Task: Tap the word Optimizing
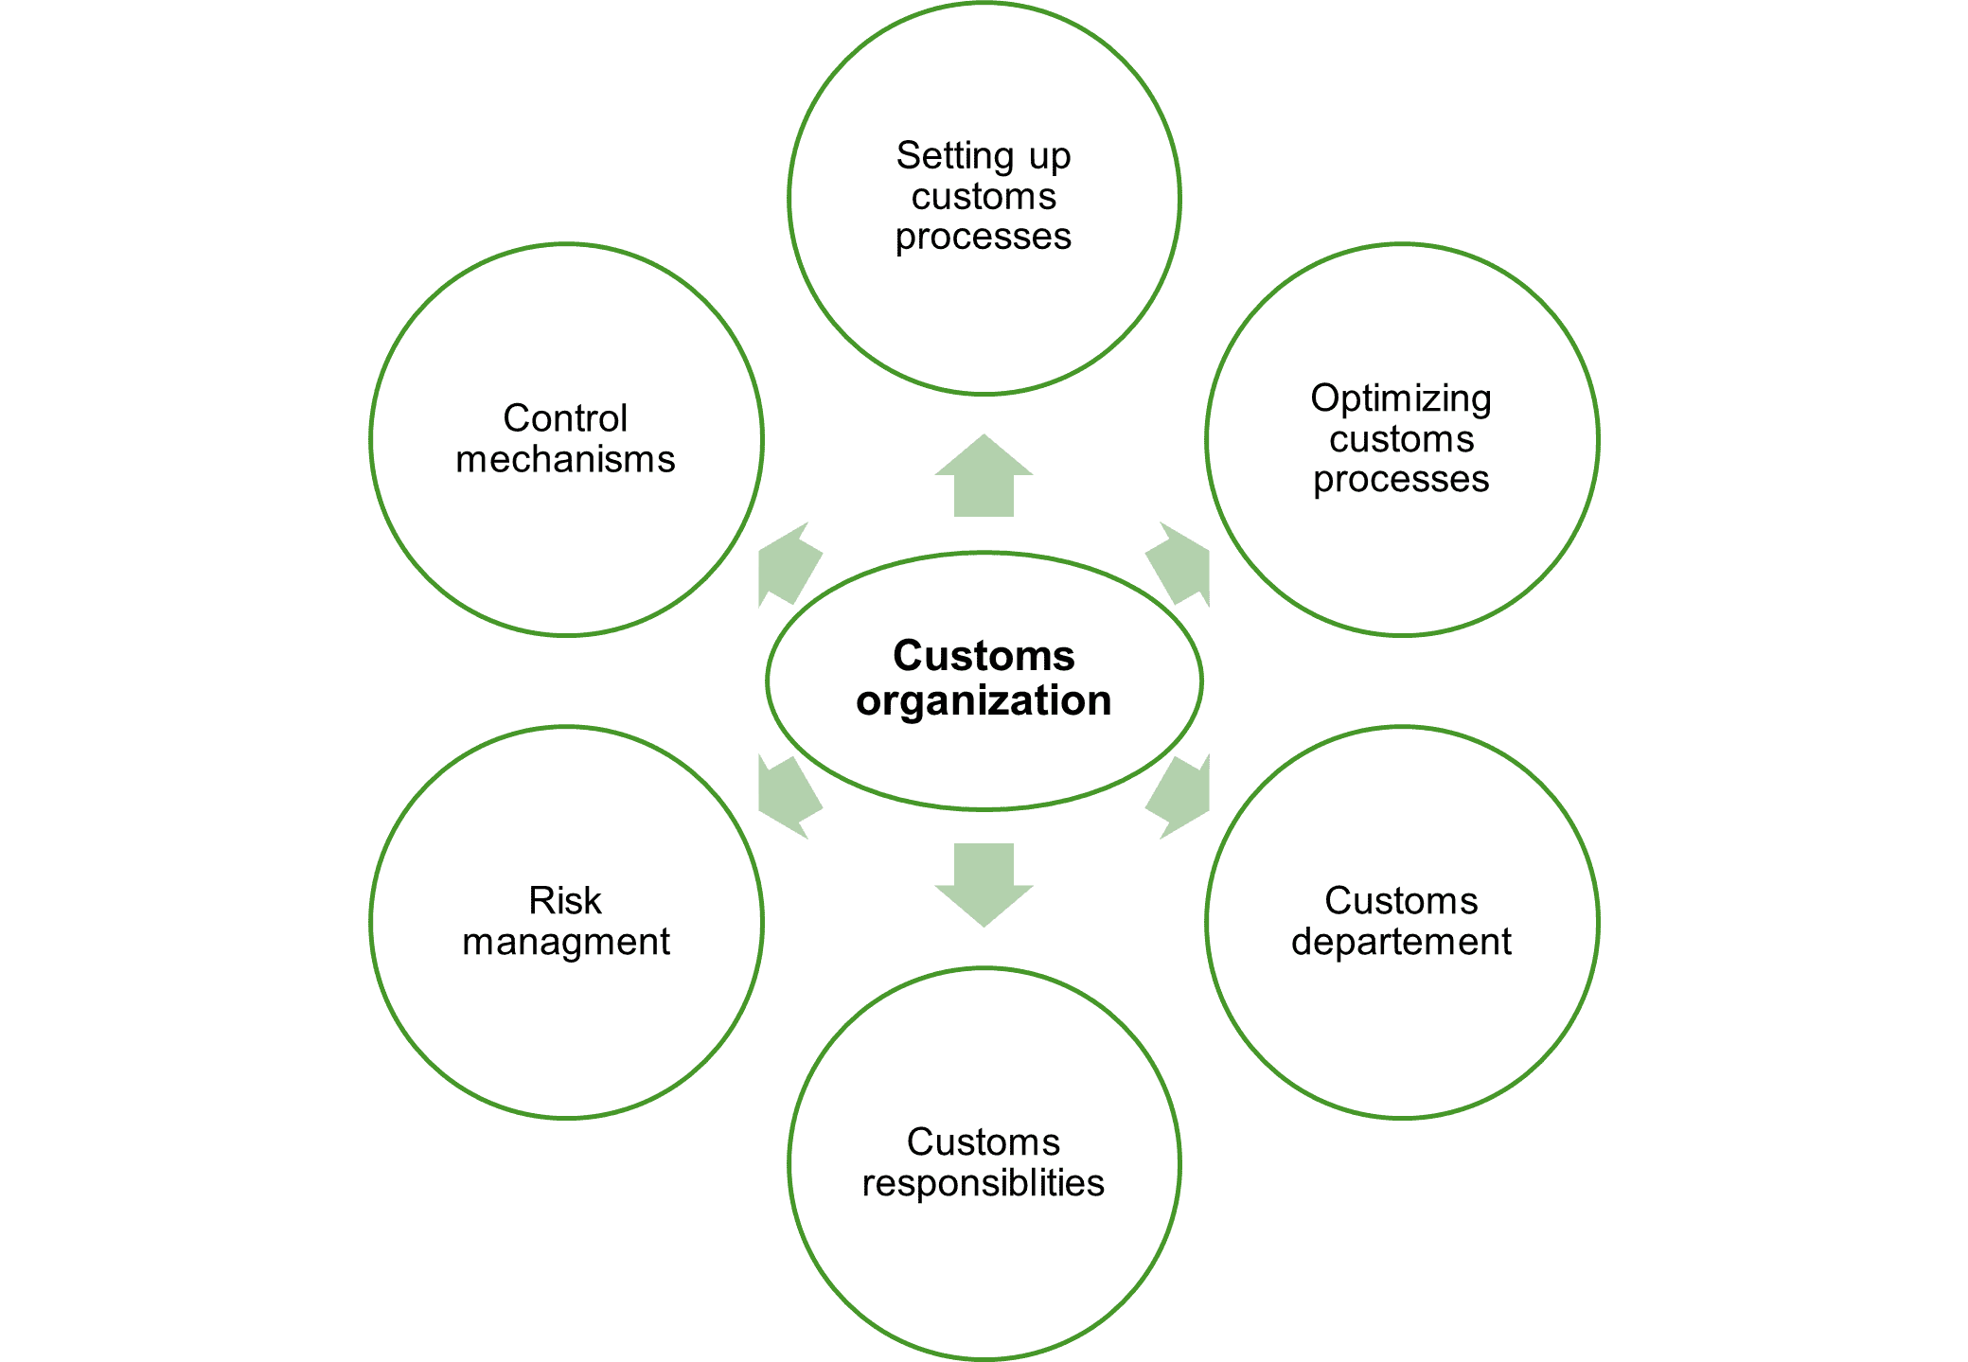[x=1401, y=399]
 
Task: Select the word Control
[x=565, y=418]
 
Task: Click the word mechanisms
[x=565, y=460]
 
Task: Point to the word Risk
[x=565, y=901]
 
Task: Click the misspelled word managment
[x=565, y=943]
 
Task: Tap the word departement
[x=1401, y=943]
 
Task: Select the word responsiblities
[x=983, y=1184]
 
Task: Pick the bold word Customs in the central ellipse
[x=984, y=656]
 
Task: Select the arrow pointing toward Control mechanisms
[x=788, y=565]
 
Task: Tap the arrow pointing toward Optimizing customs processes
[x=1180, y=565]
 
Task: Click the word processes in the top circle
[x=983, y=237]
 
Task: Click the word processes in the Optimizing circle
[x=1401, y=480]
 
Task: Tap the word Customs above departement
[x=1401, y=901]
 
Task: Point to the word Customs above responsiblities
[x=983, y=1142]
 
